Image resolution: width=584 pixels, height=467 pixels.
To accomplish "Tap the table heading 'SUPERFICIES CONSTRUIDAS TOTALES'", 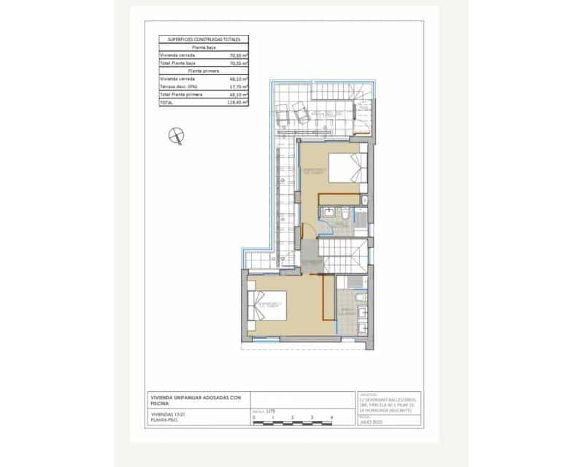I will [x=204, y=39].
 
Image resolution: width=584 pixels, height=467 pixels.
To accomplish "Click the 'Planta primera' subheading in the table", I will [x=204, y=71].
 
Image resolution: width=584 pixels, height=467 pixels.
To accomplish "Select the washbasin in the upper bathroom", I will [x=329, y=212].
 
